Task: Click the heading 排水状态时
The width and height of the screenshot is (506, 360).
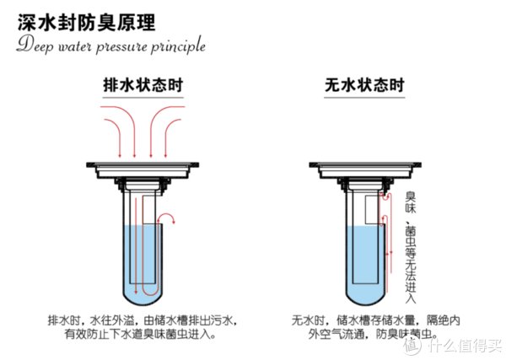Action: (x=143, y=86)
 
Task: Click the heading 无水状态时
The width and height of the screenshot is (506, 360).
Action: (x=363, y=86)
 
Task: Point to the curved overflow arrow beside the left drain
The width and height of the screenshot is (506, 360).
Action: (x=170, y=221)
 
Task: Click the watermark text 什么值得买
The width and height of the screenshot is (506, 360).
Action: (x=466, y=345)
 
